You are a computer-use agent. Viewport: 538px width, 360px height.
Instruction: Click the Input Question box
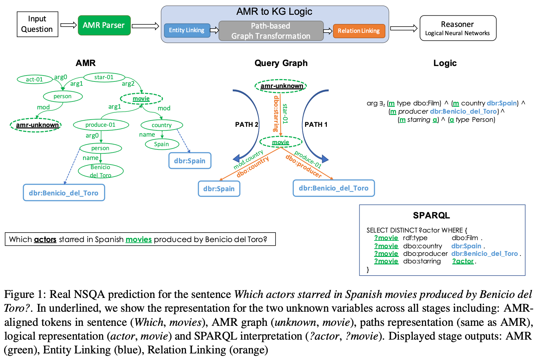(37, 24)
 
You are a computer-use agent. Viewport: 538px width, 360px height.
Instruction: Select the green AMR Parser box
(104, 25)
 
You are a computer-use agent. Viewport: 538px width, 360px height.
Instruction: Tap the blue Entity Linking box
(187, 30)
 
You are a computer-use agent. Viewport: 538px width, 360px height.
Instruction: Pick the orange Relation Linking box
(359, 31)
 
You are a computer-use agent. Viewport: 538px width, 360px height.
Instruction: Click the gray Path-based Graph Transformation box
(271, 31)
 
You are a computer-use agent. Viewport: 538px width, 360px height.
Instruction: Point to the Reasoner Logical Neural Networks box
(458, 28)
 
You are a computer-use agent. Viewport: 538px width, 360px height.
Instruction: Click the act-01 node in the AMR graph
(34, 79)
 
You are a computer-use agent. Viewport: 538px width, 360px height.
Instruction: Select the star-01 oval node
(104, 77)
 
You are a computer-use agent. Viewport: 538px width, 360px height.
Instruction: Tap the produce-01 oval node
(101, 125)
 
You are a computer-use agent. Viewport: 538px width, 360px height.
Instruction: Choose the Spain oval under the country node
(162, 144)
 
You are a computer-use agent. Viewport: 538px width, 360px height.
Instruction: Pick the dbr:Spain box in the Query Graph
(219, 189)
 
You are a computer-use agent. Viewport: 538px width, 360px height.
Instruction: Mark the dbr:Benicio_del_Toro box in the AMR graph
(64, 193)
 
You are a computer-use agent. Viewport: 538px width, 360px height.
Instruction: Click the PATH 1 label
(316, 124)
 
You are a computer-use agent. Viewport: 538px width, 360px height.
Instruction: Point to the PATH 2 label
(247, 124)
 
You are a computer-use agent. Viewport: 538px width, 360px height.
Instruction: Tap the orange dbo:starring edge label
(276, 113)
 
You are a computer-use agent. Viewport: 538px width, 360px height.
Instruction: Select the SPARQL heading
(431, 215)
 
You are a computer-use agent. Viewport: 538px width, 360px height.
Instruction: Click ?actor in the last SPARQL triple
(463, 261)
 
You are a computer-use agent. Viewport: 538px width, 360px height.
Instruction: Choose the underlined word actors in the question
(45, 239)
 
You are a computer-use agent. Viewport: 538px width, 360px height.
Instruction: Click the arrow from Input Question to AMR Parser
(68, 25)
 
